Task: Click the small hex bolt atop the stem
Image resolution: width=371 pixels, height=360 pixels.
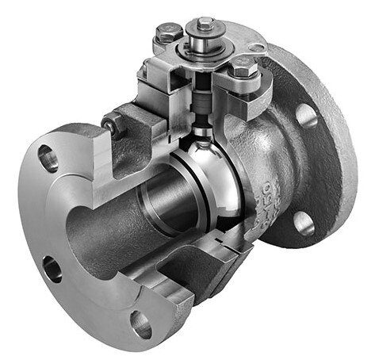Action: [x=205, y=21]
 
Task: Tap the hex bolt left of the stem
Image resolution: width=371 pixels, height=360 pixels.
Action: [x=168, y=33]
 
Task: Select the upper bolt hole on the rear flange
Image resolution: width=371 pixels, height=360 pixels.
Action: [x=308, y=115]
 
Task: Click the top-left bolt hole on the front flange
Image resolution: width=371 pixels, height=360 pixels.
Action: [x=49, y=159]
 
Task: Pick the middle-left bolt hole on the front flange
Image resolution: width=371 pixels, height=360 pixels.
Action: [x=53, y=268]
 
